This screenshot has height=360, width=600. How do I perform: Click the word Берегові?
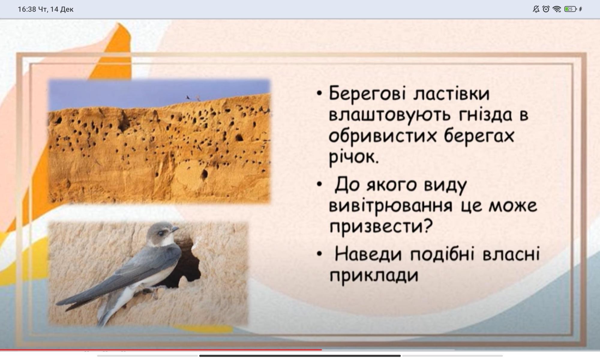(x=367, y=94)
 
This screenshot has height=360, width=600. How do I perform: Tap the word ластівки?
(x=451, y=93)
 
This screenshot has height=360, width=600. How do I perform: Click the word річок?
(x=354, y=157)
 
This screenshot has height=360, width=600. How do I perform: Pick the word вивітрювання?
(x=390, y=206)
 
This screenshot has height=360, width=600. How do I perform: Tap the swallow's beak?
(x=175, y=229)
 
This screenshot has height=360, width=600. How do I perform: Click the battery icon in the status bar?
(x=570, y=9)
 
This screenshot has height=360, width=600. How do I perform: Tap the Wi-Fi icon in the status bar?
(x=557, y=9)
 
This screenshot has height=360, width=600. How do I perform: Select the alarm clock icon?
(x=546, y=9)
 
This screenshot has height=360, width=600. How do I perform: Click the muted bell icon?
(x=536, y=9)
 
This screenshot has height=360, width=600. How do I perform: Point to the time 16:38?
(x=27, y=9)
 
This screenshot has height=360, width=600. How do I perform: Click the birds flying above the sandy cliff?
(x=193, y=97)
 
